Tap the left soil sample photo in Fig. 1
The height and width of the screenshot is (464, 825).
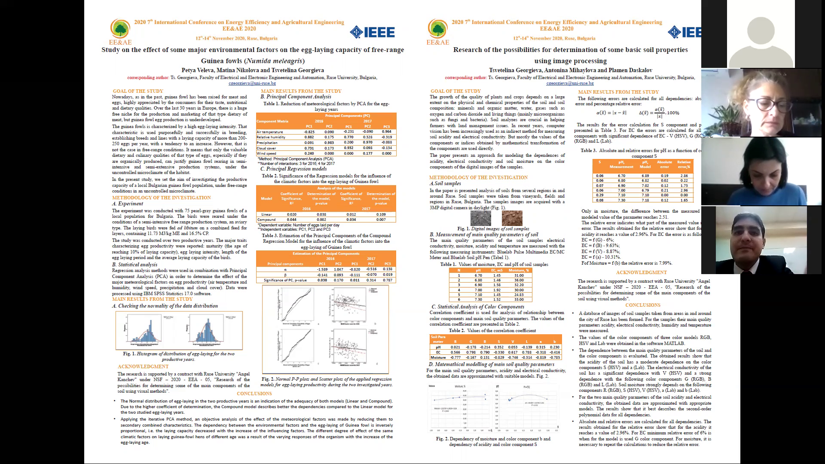tap(480, 218)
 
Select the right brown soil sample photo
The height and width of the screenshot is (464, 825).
tap(512, 218)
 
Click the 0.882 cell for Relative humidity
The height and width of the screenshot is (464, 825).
tap(309, 137)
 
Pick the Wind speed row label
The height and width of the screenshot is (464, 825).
tap(266, 153)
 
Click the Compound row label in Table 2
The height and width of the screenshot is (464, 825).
tap(266, 220)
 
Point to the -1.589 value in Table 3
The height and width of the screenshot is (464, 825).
tap(322, 269)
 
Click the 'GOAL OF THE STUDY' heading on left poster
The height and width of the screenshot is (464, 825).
tap(138, 91)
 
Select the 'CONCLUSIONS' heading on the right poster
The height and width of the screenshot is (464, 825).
tap(643, 305)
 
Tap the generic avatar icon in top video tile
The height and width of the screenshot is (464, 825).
tap(761, 34)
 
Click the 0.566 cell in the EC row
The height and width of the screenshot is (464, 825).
tap(455, 352)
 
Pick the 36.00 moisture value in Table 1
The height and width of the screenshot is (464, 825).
tap(519, 280)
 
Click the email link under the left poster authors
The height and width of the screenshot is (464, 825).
tap(252, 83)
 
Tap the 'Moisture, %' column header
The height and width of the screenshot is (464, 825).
tap(519, 270)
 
